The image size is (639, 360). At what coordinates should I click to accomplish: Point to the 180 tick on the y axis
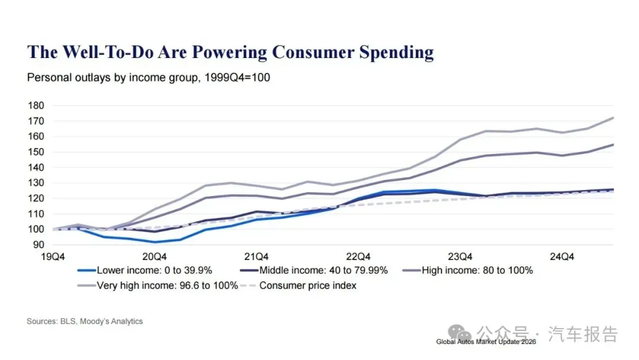coord(36,105)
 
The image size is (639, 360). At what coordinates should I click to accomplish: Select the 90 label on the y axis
coord(38,245)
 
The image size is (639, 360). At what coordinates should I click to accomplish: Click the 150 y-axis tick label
coord(36,152)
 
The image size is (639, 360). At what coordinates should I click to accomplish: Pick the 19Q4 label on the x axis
coord(53,257)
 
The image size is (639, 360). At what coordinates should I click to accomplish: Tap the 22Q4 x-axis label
coord(358,257)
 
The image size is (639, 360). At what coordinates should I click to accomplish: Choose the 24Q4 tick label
coord(561,257)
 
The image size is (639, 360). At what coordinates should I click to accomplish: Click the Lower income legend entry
coord(154,271)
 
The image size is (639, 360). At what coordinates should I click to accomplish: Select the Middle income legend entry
coord(323,271)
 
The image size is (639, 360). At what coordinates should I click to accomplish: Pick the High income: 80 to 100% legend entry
coord(477,271)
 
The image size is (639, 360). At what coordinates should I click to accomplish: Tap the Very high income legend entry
coord(167,285)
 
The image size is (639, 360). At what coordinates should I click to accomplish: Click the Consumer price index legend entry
coord(308,285)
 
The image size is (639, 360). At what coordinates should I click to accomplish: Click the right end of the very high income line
coord(612,118)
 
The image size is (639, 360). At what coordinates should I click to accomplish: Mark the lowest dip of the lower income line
coord(155,242)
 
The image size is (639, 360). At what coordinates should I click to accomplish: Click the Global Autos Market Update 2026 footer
coord(486,342)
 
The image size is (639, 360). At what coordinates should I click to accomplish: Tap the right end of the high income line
coord(612,144)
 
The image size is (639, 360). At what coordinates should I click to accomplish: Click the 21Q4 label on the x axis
coord(256,257)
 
